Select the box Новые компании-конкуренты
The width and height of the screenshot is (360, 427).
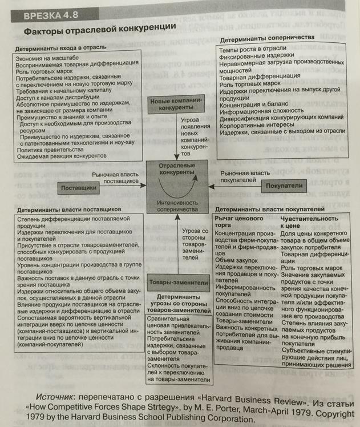click(x=175, y=105)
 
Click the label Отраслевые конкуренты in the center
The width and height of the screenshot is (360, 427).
click(x=175, y=170)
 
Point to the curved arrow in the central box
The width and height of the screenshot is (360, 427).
click(x=176, y=188)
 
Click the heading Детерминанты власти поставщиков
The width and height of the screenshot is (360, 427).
click(x=67, y=209)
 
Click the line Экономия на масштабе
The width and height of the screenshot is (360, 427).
click(x=48, y=59)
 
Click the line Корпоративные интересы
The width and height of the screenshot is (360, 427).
click(x=262, y=124)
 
